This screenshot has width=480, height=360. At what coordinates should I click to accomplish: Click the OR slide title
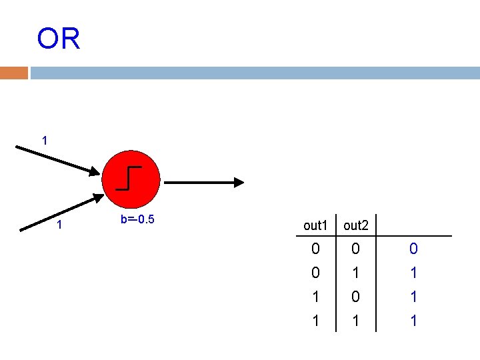pyautogui.click(x=59, y=39)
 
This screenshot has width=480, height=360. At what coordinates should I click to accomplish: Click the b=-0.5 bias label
pyautogui.click(x=137, y=219)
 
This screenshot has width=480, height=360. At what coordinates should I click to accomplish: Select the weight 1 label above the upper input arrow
pyautogui.click(x=44, y=141)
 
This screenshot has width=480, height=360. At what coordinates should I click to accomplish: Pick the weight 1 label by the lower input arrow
pyautogui.click(x=59, y=225)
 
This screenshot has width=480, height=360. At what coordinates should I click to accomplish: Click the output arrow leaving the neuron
pyautogui.click(x=204, y=182)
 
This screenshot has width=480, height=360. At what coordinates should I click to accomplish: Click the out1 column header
pyautogui.click(x=315, y=225)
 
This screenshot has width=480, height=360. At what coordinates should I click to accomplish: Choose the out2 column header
pyautogui.click(x=357, y=225)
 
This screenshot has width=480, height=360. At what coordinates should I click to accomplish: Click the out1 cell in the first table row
pyautogui.click(x=315, y=249)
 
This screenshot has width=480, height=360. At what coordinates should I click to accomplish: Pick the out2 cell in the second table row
pyautogui.click(x=357, y=273)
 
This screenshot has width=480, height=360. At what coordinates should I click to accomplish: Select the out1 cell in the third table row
pyautogui.click(x=315, y=297)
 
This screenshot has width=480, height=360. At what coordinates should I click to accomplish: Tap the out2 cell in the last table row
pyautogui.click(x=357, y=321)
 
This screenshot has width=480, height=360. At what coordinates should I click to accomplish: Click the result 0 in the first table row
pyautogui.click(x=413, y=249)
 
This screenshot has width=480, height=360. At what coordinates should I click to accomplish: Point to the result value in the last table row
pyautogui.click(x=413, y=321)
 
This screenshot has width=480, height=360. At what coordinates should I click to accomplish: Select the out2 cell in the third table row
pyautogui.click(x=357, y=297)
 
